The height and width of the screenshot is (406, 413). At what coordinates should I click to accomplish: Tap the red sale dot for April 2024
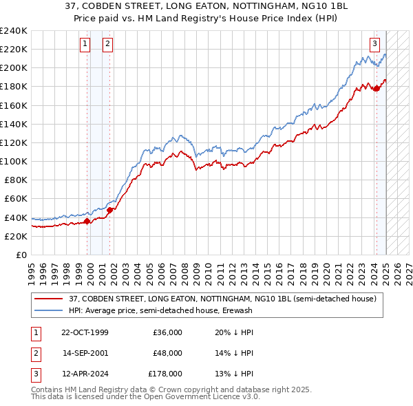(377, 88)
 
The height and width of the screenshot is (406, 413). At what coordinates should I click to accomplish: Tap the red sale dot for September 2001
(110, 210)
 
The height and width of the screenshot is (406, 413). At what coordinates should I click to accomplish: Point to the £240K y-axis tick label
(14, 31)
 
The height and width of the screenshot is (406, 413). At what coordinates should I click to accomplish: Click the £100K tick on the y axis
(14, 161)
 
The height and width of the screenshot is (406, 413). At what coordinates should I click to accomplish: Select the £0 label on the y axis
(21, 255)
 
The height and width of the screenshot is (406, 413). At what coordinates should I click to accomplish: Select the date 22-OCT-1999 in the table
(85, 332)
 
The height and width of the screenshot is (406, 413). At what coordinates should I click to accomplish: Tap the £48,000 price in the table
(167, 353)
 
